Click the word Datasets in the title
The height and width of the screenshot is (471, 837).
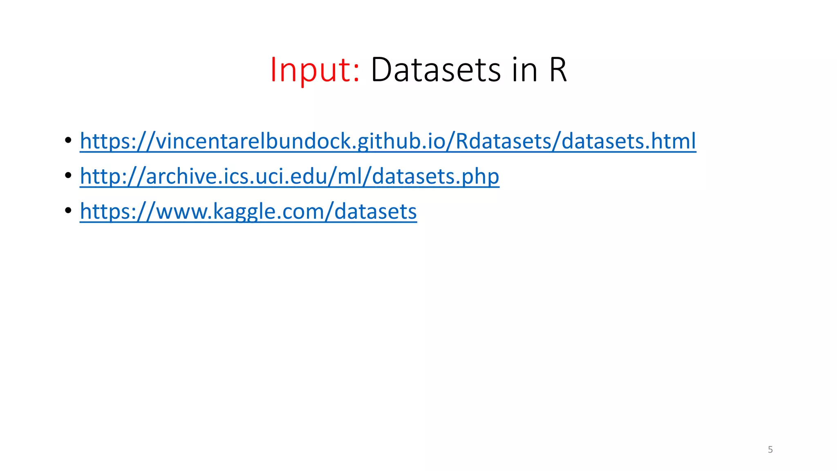pos(436,70)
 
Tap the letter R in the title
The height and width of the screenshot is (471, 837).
pos(557,70)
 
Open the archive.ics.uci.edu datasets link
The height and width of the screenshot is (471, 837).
pos(289,176)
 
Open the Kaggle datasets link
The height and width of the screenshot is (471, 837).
pos(248,211)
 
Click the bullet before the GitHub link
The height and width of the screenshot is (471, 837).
pos(68,140)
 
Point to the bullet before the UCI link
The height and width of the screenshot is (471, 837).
pos(68,175)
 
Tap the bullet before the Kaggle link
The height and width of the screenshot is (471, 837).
pos(68,211)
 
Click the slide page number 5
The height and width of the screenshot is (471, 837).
pos(770,450)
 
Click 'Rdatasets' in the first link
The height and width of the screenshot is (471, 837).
pos(502,141)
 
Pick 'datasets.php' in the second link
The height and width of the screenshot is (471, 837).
pos(435,176)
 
